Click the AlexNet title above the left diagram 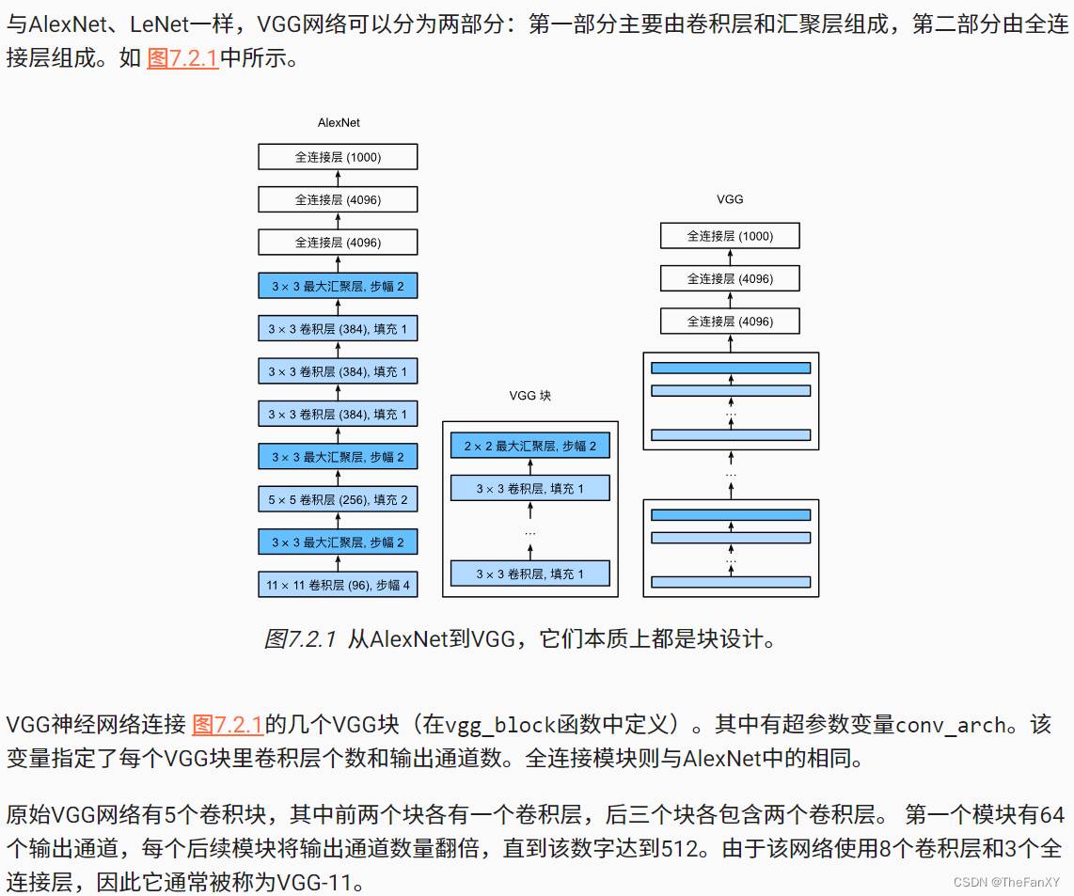338,123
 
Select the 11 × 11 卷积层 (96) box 338,585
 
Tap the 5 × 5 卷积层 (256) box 338,499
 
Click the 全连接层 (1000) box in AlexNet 338,157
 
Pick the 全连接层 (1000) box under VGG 730,236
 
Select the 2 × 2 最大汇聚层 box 529,446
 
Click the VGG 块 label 529,396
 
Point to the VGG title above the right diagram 730,199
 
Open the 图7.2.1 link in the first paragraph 182,58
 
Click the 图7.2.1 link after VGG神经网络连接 228,725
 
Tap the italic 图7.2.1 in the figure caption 300,640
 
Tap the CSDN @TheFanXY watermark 1006,882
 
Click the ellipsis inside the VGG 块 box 529,533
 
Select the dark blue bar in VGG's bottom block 730,515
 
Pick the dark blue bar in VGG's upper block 730,368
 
